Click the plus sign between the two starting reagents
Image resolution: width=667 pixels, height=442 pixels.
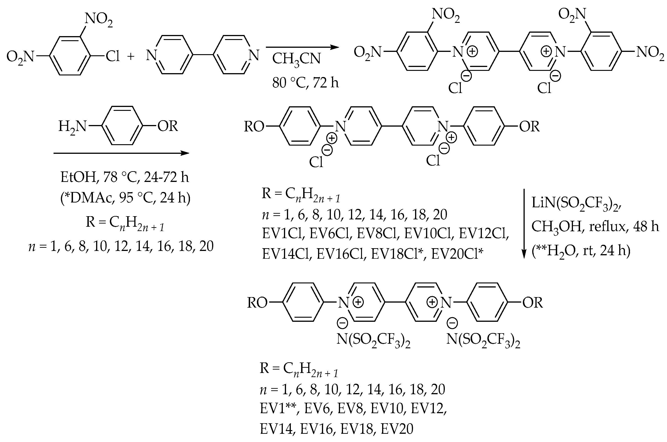pyautogui.click(x=131, y=57)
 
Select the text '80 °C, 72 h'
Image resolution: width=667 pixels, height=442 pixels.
pyautogui.click(x=305, y=83)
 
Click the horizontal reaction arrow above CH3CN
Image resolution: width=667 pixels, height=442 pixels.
pyautogui.click(x=302, y=47)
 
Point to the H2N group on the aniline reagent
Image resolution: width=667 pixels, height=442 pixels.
pyautogui.click(x=72, y=127)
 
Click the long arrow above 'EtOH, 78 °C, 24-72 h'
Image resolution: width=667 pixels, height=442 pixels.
pyautogui.click(x=121, y=153)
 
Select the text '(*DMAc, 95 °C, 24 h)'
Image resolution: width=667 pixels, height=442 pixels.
pyautogui.click(x=125, y=198)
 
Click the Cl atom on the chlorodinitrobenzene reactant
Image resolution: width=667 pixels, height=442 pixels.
pyautogui.click(x=113, y=57)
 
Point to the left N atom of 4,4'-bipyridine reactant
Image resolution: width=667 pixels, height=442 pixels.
pyautogui.click(x=151, y=55)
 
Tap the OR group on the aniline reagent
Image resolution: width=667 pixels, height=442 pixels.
pyautogui.click(x=167, y=126)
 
